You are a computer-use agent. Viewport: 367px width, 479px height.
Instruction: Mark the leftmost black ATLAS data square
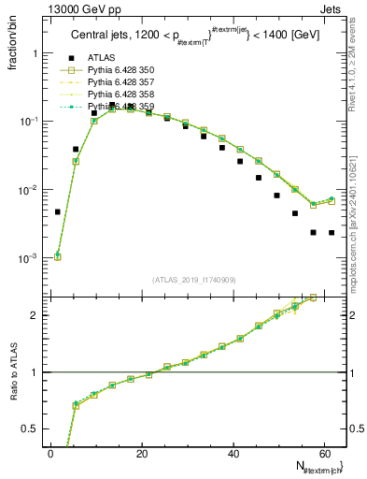point(58,212)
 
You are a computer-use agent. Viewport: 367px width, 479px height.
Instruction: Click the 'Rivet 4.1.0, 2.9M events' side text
point(358,75)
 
